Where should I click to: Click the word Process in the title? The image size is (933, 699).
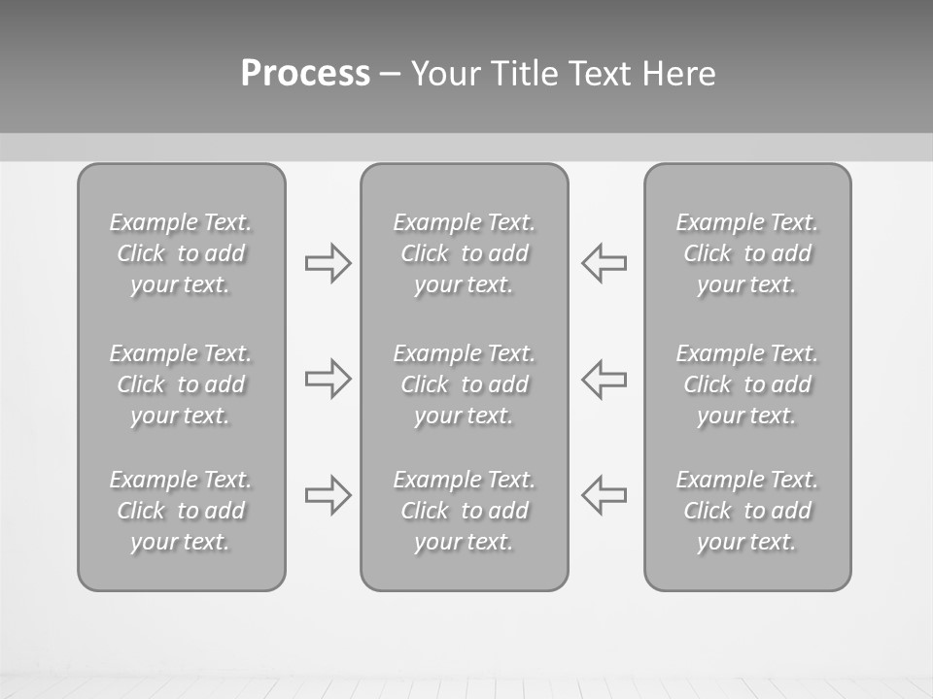pyautogui.click(x=305, y=74)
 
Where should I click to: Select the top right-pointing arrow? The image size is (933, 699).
pyautogui.click(x=328, y=263)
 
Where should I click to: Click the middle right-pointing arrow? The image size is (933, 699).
pyautogui.click(x=328, y=379)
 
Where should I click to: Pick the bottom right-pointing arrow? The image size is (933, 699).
pyautogui.click(x=328, y=495)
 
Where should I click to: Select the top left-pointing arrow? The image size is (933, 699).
pyautogui.click(x=605, y=263)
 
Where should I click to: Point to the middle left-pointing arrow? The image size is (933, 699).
pyautogui.click(x=605, y=379)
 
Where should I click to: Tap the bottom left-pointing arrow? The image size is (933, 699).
pyautogui.click(x=605, y=495)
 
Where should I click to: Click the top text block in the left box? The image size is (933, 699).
pyautogui.click(x=181, y=253)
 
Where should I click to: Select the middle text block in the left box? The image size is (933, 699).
pyautogui.click(x=181, y=384)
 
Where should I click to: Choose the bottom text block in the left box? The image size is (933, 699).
pyautogui.click(x=181, y=511)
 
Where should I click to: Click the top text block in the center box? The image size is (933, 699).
pyautogui.click(x=465, y=253)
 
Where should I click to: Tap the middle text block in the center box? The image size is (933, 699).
pyautogui.click(x=465, y=384)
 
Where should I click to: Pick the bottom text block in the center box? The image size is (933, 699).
pyautogui.click(x=465, y=511)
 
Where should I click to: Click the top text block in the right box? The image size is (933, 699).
pyautogui.click(x=747, y=253)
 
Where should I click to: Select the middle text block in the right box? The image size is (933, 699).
pyautogui.click(x=747, y=384)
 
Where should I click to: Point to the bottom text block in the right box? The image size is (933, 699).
pyautogui.click(x=747, y=511)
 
